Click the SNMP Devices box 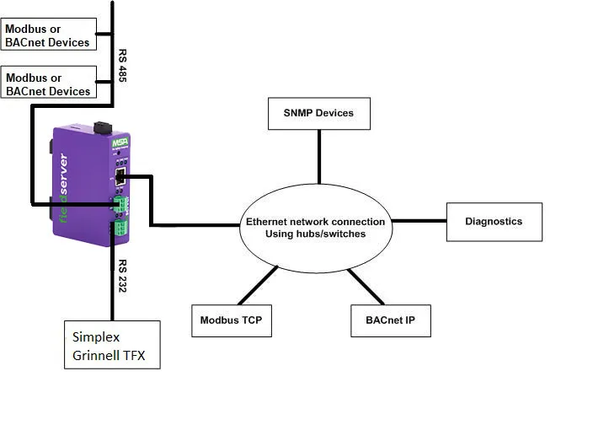point(319,113)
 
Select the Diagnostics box point(494,222)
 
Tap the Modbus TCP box point(232,320)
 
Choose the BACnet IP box point(390,320)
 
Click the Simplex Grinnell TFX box point(112,345)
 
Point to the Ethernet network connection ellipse point(316,228)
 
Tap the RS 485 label point(122,67)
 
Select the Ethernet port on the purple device point(120,176)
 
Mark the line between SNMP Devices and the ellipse point(319,159)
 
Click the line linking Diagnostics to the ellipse point(419,222)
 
